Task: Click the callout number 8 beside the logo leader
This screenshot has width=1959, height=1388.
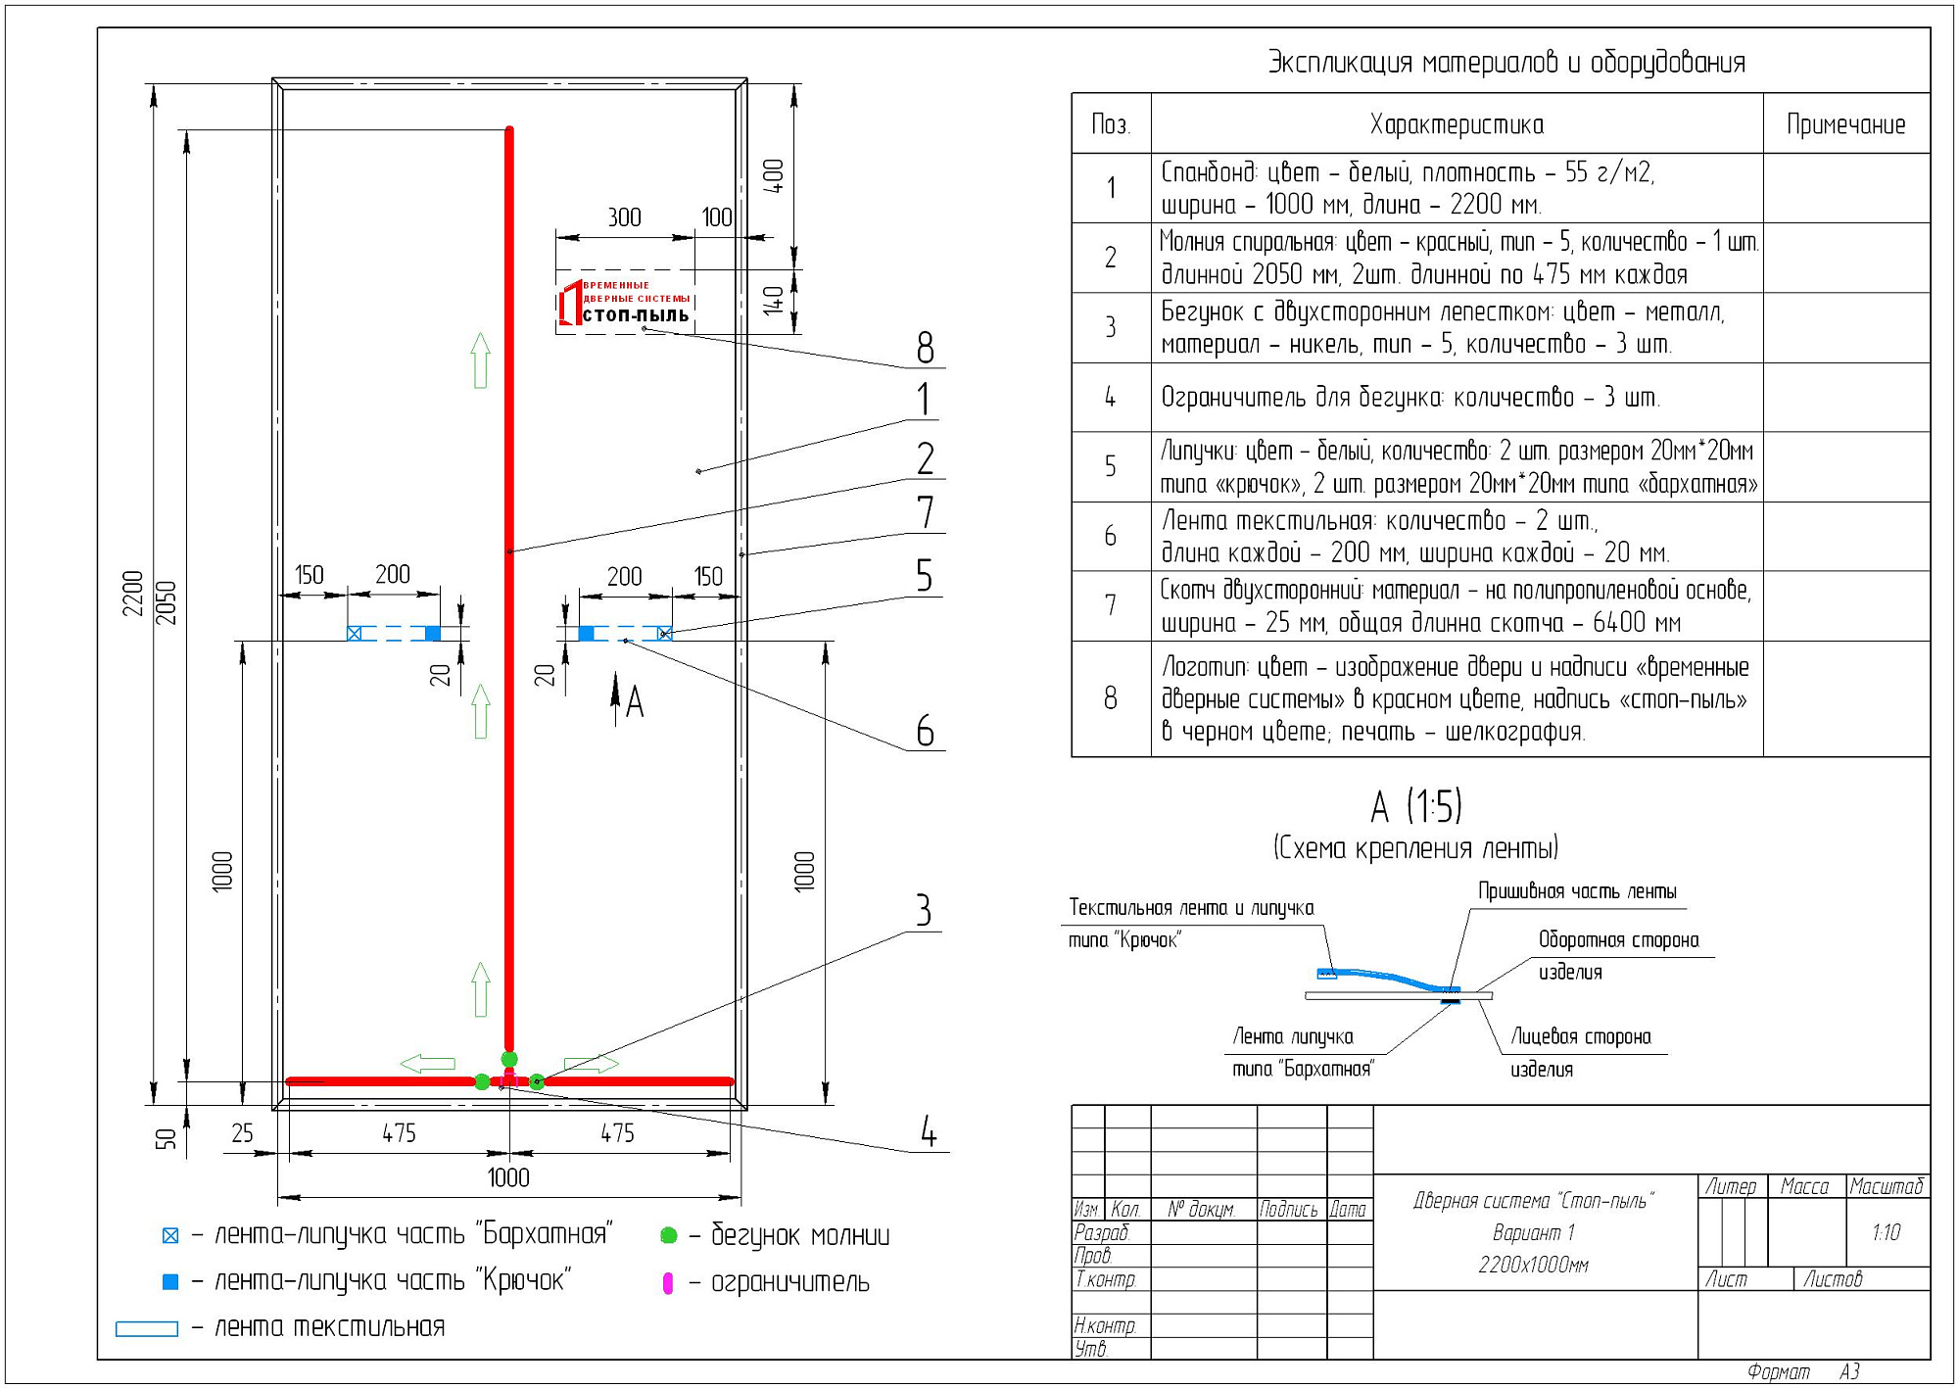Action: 926,348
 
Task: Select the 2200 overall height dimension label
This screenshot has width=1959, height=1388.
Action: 133,593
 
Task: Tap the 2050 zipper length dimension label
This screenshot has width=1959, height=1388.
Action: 167,602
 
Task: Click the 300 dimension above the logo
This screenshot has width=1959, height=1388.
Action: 625,216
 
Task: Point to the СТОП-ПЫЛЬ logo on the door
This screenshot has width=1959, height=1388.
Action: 625,303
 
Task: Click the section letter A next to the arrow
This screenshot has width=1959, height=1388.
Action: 635,702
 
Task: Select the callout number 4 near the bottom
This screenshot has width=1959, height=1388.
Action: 929,1132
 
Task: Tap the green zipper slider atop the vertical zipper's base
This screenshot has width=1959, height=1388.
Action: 509,1059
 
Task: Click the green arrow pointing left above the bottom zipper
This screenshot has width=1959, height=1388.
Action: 428,1064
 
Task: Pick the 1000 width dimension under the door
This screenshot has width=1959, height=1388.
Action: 508,1177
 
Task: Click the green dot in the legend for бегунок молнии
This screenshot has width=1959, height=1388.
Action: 669,1235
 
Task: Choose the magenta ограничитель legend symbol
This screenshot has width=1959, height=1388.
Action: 668,1283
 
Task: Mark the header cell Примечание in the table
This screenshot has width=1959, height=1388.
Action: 1846,124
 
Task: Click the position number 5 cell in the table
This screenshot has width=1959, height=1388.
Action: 1111,466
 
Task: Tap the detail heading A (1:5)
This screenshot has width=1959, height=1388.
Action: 1416,806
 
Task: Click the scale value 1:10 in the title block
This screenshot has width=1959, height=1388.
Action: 1886,1232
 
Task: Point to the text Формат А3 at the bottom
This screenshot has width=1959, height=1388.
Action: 1803,1372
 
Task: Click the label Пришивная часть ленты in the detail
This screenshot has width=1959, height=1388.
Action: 1577,891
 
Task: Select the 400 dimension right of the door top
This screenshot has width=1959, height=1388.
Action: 774,176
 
